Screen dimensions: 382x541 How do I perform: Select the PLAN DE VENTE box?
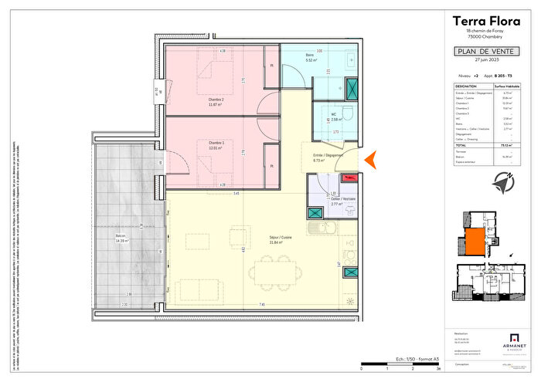[x=485, y=52]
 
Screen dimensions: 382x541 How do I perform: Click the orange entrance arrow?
[x=370, y=159]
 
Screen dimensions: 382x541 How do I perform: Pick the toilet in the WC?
[x=349, y=113]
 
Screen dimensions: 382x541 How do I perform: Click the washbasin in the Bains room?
[x=350, y=61]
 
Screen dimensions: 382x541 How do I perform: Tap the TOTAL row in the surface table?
[x=485, y=144]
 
